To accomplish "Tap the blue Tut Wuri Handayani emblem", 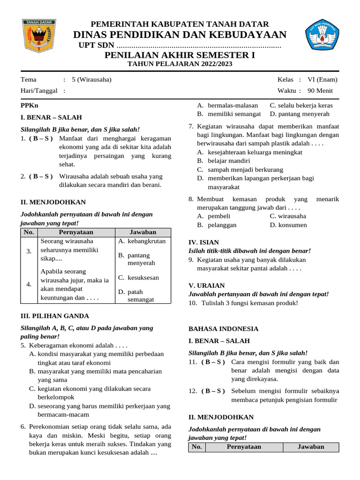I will (x=322, y=34).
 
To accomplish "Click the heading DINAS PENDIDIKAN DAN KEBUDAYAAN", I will (x=180, y=35).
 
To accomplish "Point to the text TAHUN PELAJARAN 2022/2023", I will (x=180, y=64).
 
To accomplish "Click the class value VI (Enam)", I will (x=322, y=79).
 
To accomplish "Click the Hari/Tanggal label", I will (x=39, y=90).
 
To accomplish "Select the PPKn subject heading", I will (x=30, y=106).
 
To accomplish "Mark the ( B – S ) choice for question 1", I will (x=41, y=138).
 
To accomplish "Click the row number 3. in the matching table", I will (x=29, y=251).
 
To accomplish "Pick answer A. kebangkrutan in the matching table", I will (x=142, y=241).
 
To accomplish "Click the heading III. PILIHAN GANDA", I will (x=54, y=316).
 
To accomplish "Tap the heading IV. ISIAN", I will (x=203, y=242).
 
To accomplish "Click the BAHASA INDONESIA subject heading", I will (x=223, y=329).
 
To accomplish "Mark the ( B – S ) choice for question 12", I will (x=213, y=391).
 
